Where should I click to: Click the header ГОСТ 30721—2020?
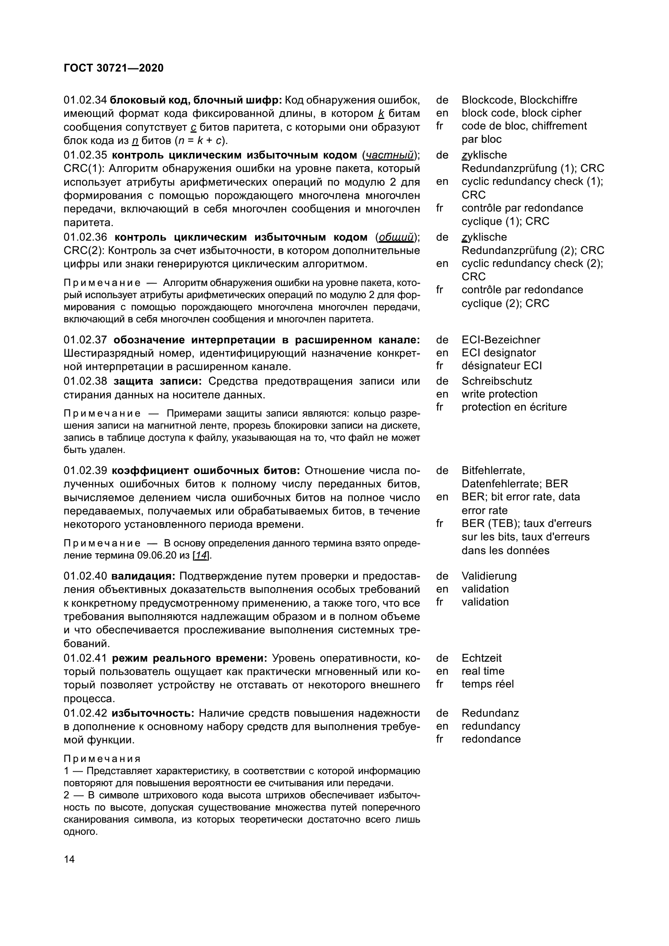point(114,68)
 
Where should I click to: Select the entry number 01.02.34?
point(85,100)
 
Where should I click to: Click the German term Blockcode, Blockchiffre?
point(519,100)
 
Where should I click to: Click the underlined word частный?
point(390,155)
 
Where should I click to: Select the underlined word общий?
point(396,237)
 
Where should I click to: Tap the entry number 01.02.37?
point(85,340)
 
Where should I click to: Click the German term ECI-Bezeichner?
point(500,340)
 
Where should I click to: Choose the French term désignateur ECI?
point(501,366)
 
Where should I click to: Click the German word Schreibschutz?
point(496,381)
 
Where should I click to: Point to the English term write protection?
point(499,394)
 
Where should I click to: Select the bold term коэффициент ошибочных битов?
point(205,470)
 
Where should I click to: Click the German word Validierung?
point(489,576)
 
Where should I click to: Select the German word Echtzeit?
point(482,658)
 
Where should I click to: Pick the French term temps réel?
point(487,684)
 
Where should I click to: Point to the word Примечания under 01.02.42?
point(102,759)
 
